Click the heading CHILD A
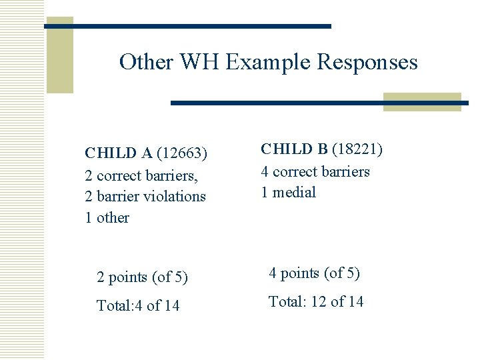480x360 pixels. pyautogui.click(x=119, y=153)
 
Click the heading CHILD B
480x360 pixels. pyautogui.click(x=295, y=149)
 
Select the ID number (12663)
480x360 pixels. pyautogui.click(x=182, y=153)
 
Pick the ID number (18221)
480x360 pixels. pyautogui.click(x=357, y=149)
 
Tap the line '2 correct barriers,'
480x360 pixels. pyautogui.click(x=143, y=175)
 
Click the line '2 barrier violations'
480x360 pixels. pyautogui.click(x=145, y=197)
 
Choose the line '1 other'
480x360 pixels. pyautogui.click(x=107, y=218)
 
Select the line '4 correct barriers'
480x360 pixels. pyautogui.click(x=315, y=171)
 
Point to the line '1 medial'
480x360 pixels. pyautogui.click(x=288, y=193)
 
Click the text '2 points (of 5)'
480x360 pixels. pyautogui.click(x=142, y=277)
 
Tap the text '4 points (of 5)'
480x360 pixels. pyautogui.click(x=314, y=273)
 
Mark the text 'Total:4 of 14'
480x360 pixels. pyautogui.click(x=138, y=306)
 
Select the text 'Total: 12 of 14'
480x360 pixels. pyautogui.click(x=316, y=302)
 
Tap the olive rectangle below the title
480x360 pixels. pyautogui.click(x=422, y=102)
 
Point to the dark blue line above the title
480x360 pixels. pyautogui.click(x=187, y=26)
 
